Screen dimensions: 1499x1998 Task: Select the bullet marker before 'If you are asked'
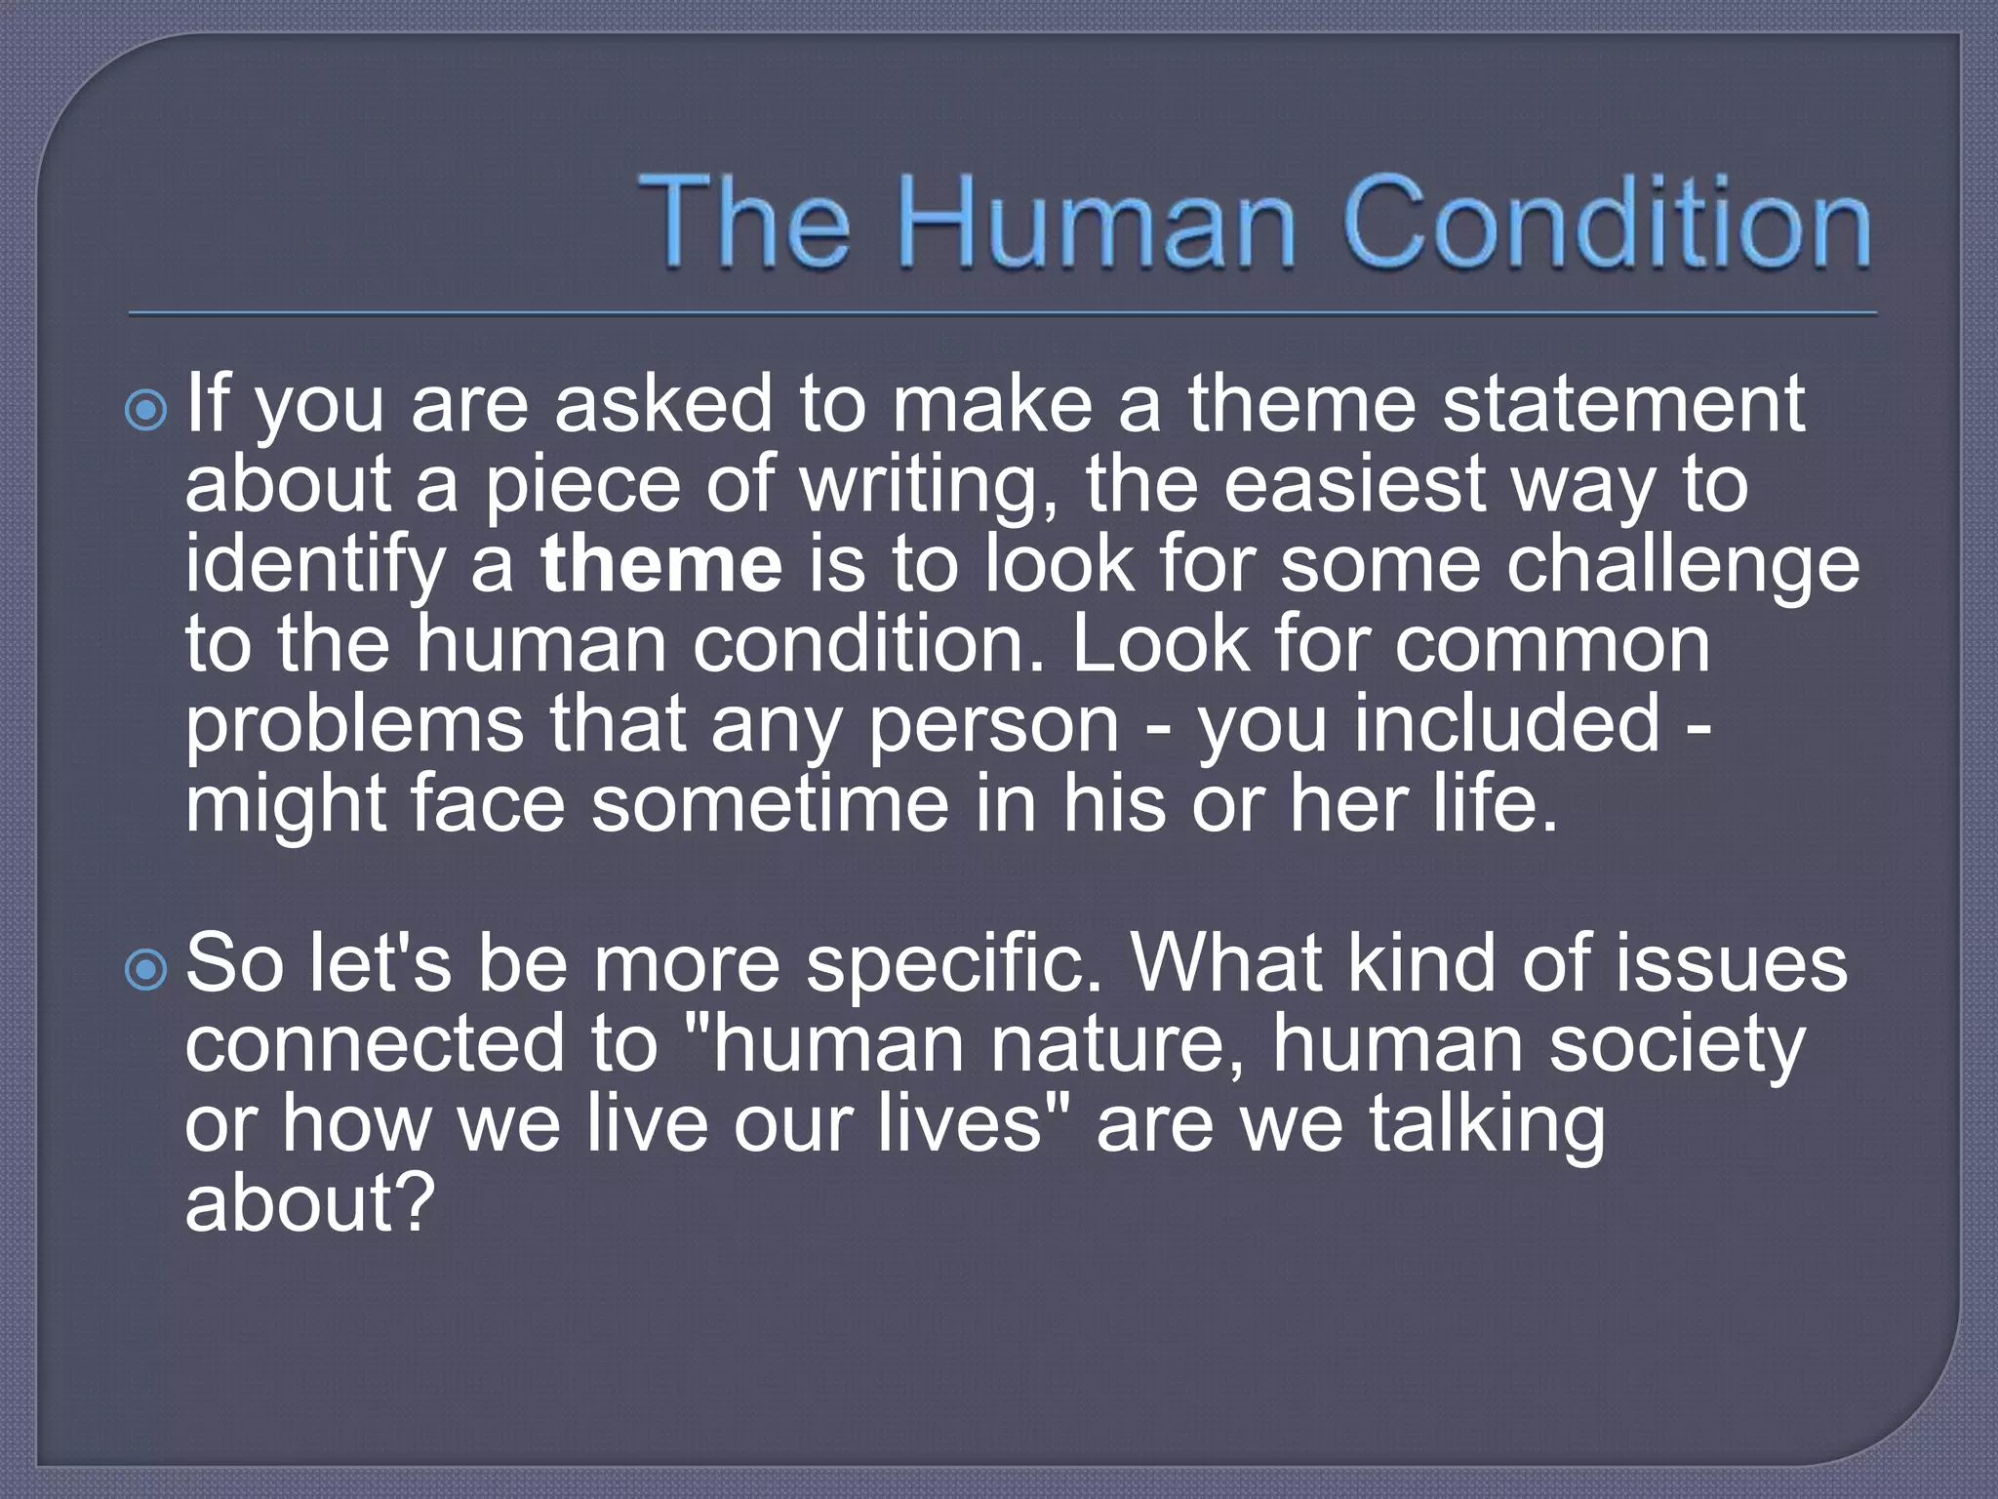click(147, 412)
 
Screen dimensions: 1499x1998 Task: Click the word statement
click(1623, 404)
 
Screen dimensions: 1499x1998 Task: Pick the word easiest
click(1355, 484)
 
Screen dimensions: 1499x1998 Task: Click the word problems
click(354, 724)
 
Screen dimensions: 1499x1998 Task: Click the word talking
click(1487, 1125)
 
